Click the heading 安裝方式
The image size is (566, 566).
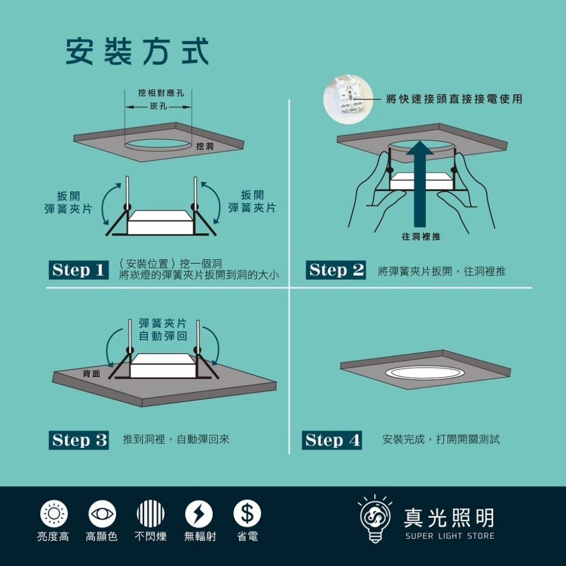[x=137, y=52]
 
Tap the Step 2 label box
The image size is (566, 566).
[x=336, y=271]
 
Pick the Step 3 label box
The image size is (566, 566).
[x=79, y=440]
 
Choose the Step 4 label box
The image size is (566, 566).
[x=332, y=440]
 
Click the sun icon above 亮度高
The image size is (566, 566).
[x=54, y=514]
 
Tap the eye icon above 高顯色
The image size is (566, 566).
[x=102, y=514]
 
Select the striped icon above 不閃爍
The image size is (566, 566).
[x=151, y=514]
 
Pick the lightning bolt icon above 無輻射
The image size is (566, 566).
[x=199, y=514]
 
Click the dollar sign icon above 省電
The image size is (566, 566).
[x=247, y=514]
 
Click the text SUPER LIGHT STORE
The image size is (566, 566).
[x=449, y=536]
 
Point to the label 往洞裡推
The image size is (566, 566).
[x=421, y=237]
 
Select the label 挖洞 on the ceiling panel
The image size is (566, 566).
[x=204, y=147]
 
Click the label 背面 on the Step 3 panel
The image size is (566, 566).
[x=91, y=374]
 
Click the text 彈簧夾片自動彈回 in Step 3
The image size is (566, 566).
[x=163, y=330]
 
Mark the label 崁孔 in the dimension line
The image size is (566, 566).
[x=158, y=107]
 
